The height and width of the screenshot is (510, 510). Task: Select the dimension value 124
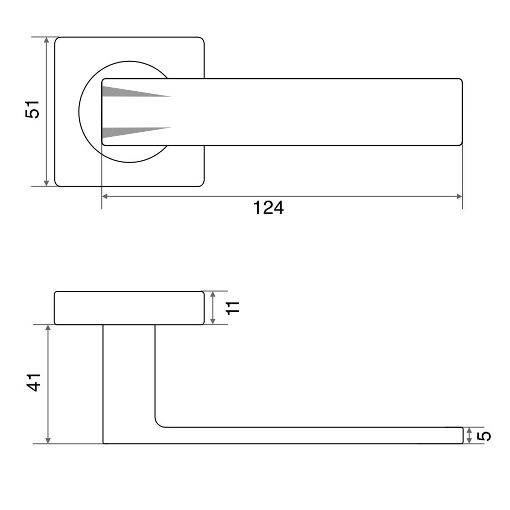[268, 208]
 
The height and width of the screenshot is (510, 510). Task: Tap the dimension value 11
[233, 308]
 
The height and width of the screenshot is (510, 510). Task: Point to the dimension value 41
[34, 382]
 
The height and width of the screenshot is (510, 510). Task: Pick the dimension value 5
[484, 436]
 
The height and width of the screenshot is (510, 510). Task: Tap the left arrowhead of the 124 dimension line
[105, 197]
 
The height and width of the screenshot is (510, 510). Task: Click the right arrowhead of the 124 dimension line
[459, 197]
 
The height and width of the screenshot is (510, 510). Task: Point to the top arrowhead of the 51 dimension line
[47, 40]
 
